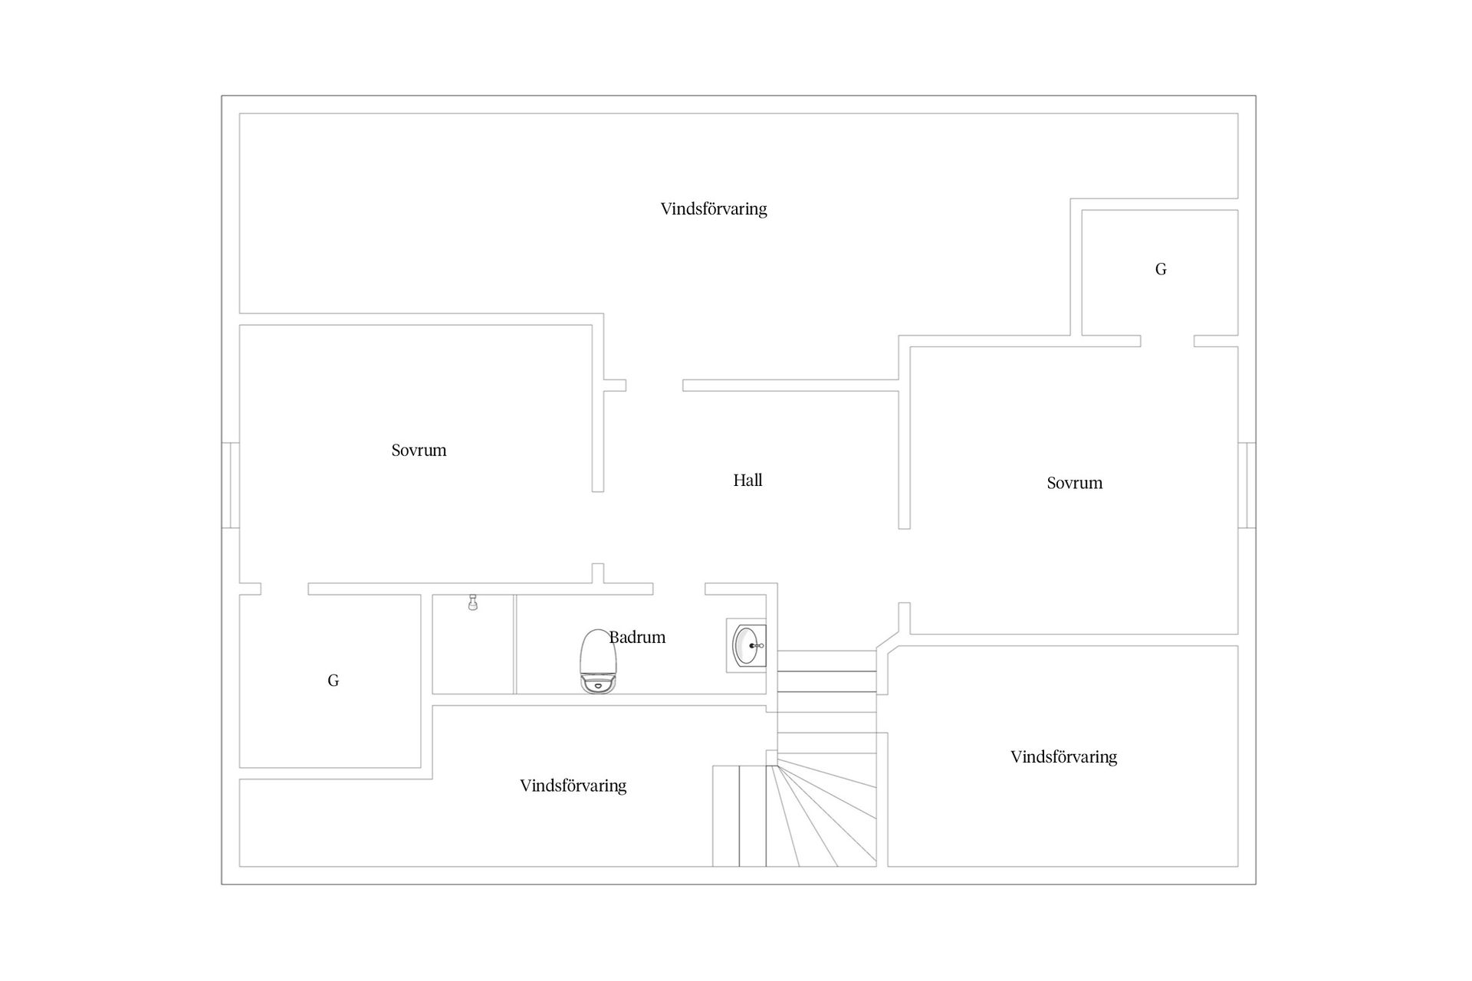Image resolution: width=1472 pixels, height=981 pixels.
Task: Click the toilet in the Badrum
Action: pos(599,661)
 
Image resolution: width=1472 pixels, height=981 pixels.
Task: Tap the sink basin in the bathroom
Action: pos(746,646)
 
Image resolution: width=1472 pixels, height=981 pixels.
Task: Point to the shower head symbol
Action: pos(473,602)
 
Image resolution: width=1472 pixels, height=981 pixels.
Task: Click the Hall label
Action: pos(747,481)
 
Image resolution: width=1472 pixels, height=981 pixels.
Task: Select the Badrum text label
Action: pos(637,637)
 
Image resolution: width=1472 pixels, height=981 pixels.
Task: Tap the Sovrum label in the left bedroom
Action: pos(419,451)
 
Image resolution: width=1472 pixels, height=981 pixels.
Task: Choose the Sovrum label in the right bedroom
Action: pos(1074,483)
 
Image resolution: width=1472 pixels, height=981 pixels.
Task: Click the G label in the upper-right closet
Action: pos(1161,269)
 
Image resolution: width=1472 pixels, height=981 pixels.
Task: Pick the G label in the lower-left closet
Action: pos(333,681)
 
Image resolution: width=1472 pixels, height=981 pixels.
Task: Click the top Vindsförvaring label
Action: pos(714,208)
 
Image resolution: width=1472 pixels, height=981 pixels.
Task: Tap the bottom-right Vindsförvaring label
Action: pos(1063,757)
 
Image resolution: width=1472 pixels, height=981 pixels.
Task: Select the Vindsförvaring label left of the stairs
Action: pos(573,786)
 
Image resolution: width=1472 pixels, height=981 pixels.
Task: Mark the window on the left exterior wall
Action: pos(231,485)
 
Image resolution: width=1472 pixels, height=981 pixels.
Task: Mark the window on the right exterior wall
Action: pos(1247,485)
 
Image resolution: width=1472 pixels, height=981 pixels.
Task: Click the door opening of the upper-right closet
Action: pos(1167,341)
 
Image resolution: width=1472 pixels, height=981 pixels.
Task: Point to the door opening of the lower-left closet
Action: pos(284,589)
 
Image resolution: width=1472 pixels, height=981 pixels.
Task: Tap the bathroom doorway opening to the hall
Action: pos(678,589)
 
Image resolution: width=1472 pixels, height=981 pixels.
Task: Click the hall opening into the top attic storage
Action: pos(654,386)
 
